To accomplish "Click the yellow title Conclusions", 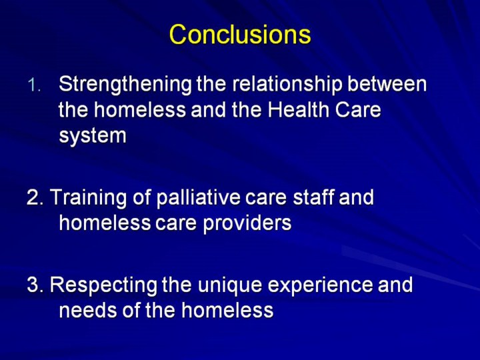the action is pyautogui.click(x=240, y=34).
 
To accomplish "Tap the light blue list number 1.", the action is pyautogui.click(x=34, y=85).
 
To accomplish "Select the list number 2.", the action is pyautogui.click(x=35, y=197).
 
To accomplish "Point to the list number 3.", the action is pyautogui.click(x=35, y=285).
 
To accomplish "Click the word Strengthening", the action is pyautogui.click(x=125, y=85).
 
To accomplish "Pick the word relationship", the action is pyautogui.click(x=287, y=85).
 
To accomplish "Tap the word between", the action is pyautogui.click(x=387, y=84).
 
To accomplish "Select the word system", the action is pyautogui.click(x=93, y=136).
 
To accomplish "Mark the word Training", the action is pyautogui.click(x=88, y=197).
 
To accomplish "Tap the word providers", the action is pyautogui.click(x=247, y=223).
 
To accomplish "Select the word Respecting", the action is pyautogui.click(x=103, y=285).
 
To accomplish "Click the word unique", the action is pyautogui.click(x=229, y=285).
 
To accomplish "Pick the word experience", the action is pyautogui.click(x=320, y=285).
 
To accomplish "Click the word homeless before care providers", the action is pyautogui.click(x=105, y=223).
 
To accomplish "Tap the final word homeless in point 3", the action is pyautogui.click(x=227, y=310).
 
